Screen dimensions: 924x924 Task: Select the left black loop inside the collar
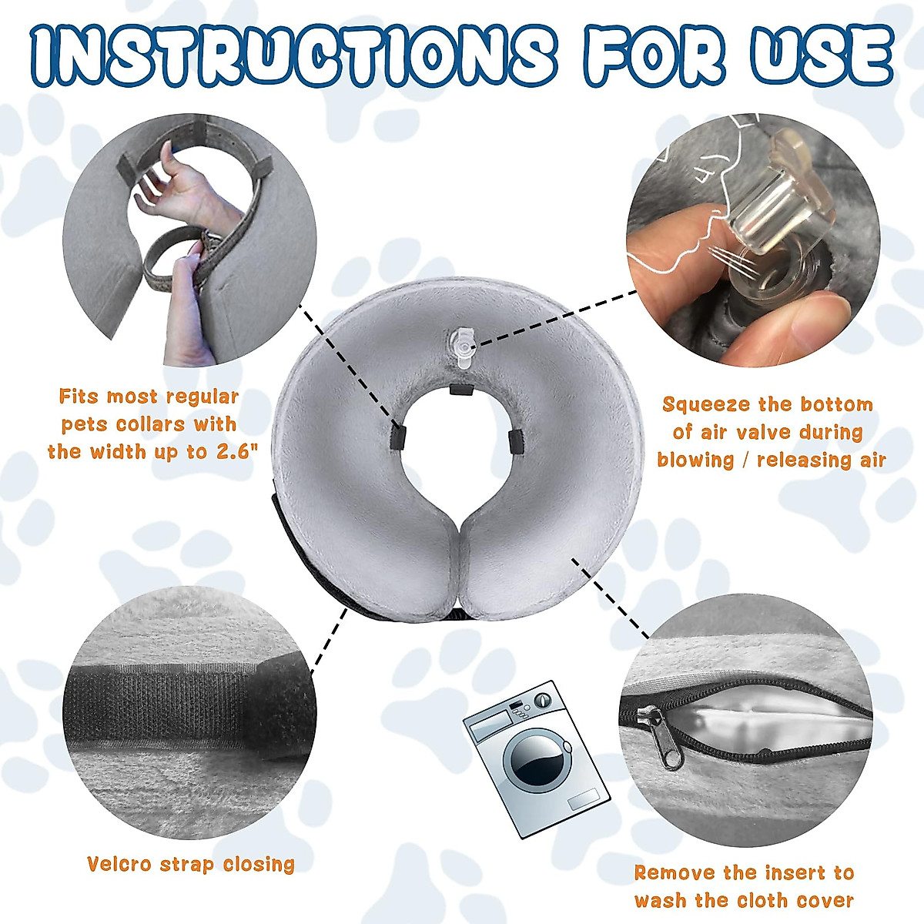pyautogui.click(x=397, y=435)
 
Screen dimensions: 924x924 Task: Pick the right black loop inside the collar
pyautogui.click(x=515, y=440)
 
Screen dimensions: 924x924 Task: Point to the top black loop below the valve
pyautogui.click(x=460, y=389)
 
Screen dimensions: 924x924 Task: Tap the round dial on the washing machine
pyautogui.click(x=544, y=699)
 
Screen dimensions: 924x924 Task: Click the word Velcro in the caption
pyautogui.click(x=119, y=864)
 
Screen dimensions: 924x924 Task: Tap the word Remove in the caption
pyautogui.click(x=675, y=873)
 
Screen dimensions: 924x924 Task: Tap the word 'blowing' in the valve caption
pyautogui.click(x=695, y=460)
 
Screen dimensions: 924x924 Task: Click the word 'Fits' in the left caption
pyautogui.click(x=79, y=397)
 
